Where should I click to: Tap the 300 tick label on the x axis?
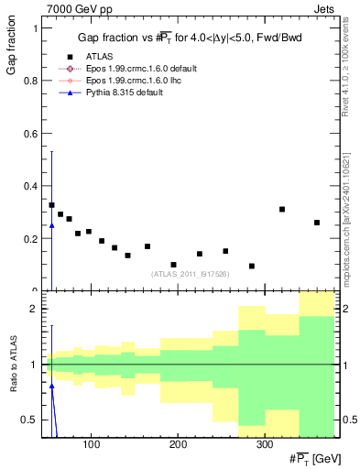264,445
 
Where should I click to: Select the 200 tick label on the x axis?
178,445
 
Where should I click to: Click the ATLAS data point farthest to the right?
317,223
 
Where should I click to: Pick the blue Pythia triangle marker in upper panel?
51,225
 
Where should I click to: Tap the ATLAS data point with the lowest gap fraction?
251,267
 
